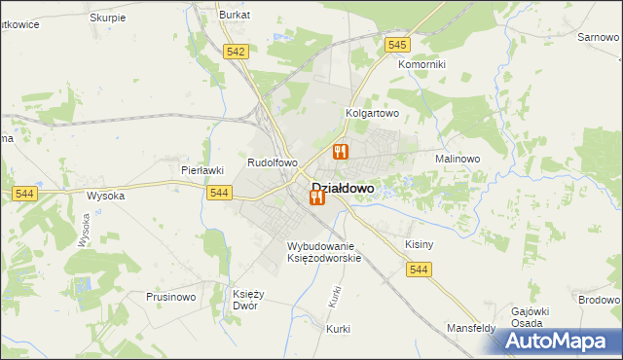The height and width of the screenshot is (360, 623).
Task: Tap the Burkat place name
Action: (x=235, y=16)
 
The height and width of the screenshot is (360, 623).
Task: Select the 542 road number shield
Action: (x=235, y=52)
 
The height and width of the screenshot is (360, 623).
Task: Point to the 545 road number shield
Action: (x=396, y=45)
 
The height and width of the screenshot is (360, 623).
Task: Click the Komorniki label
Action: (x=421, y=65)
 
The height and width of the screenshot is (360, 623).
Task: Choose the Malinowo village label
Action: (x=458, y=158)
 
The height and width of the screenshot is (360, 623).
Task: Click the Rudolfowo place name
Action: (x=273, y=163)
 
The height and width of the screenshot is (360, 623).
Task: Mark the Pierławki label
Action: (x=203, y=169)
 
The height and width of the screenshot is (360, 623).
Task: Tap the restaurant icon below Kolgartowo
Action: (x=340, y=151)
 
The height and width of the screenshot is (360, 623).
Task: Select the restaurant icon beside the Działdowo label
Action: (x=316, y=198)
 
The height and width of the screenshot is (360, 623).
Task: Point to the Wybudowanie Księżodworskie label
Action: (x=324, y=252)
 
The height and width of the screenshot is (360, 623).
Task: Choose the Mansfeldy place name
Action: (x=471, y=329)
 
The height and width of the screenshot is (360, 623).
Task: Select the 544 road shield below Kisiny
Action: (x=420, y=270)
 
